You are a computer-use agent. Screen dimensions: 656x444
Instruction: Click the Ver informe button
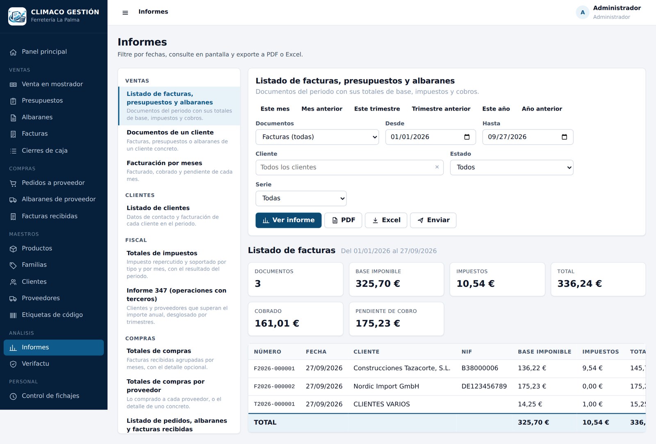point(288,220)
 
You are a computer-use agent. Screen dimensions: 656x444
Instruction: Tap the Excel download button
point(386,220)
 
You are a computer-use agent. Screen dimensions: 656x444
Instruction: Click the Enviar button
point(433,220)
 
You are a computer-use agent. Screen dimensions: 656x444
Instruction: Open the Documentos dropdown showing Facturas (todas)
point(317,137)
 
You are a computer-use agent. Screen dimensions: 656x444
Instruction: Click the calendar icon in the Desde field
point(467,137)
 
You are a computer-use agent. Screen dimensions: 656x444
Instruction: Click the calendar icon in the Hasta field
point(564,137)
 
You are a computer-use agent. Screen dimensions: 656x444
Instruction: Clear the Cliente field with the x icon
point(437,167)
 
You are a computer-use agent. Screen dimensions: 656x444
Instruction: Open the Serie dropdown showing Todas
point(301,198)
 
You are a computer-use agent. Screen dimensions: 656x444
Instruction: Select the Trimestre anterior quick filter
point(441,109)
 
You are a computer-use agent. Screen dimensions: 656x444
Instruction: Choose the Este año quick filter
point(496,109)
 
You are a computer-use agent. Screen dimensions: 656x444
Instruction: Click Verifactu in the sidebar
point(35,364)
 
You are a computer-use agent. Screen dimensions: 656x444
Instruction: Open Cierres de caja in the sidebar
point(45,151)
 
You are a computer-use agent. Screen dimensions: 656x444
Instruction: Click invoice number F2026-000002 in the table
point(274,386)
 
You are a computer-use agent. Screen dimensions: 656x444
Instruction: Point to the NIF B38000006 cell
point(480,368)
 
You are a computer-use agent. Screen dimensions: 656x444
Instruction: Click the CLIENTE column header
point(366,351)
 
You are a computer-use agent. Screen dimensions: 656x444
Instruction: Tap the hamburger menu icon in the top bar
point(125,13)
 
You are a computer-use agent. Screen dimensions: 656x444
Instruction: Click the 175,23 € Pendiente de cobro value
point(378,323)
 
